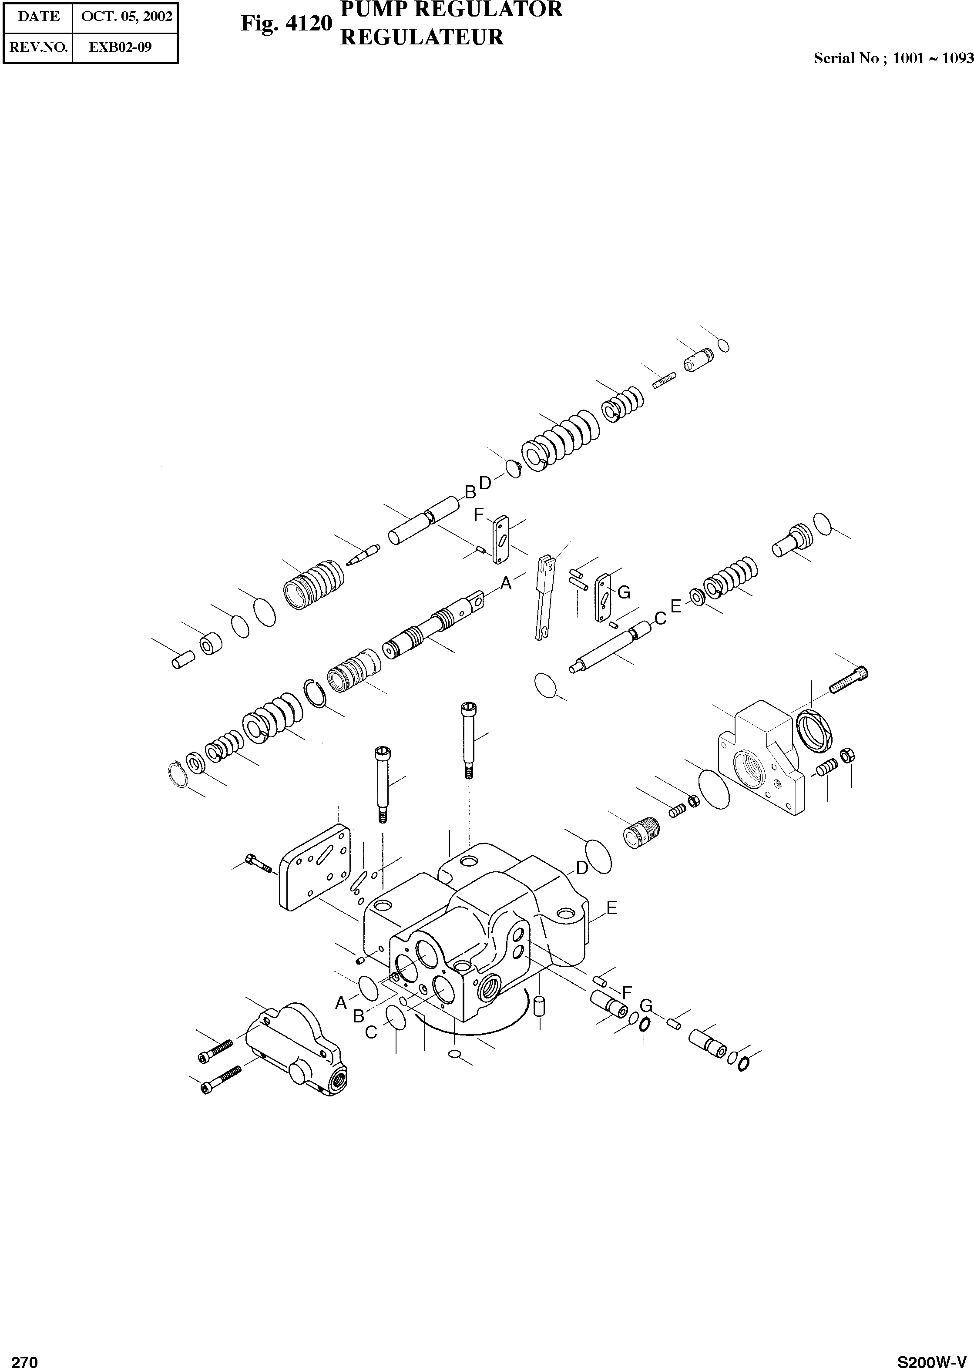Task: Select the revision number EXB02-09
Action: [x=120, y=47]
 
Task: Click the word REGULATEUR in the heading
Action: [x=422, y=37]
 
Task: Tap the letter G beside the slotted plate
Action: [x=624, y=592]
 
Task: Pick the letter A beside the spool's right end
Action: [x=506, y=582]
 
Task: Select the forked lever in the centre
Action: [x=544, y=597]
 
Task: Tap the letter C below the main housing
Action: [x=371, y=1032]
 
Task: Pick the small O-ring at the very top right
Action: [x=723, y=346]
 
